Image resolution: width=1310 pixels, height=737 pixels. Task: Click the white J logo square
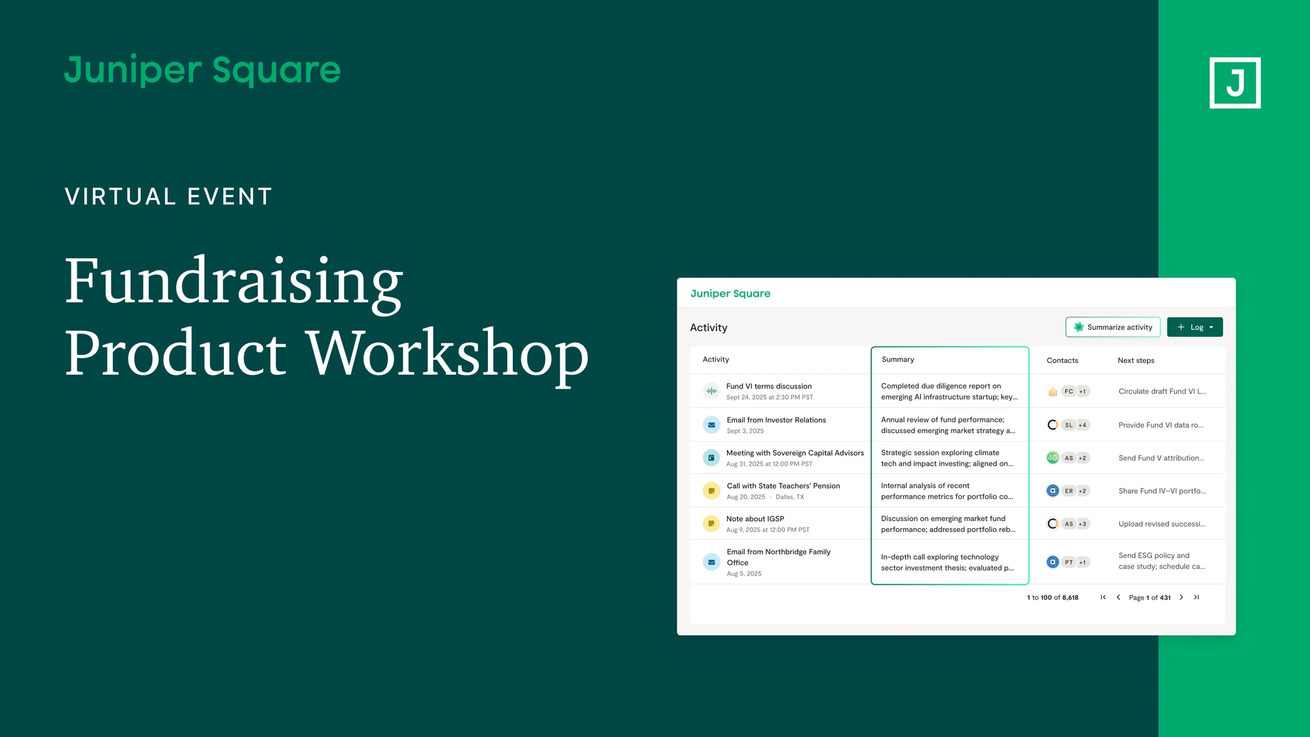coord(1235,83)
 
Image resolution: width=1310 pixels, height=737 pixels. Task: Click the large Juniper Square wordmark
coord(202,70)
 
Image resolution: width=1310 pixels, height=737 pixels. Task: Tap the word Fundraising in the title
coord(234,283)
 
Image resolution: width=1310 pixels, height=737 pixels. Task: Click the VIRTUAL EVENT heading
coord(168,197)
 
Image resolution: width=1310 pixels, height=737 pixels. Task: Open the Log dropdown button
coord(1195,327)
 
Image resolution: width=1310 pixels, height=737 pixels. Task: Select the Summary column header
coord(897,359)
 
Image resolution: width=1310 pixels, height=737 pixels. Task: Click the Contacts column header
coord(1062,360)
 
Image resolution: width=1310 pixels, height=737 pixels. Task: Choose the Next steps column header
coord(1136,360)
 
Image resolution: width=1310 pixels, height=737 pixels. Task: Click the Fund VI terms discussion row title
coord(768,386)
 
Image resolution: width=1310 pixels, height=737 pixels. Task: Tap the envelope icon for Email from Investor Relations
coord(711,425)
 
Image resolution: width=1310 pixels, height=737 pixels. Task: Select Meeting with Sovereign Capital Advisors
coord(795,453)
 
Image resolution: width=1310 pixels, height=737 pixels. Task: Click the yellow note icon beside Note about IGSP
coord(711,523)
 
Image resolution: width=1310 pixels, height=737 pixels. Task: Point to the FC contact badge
coord(1069,391)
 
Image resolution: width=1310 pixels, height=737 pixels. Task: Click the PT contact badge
coord(1069,562)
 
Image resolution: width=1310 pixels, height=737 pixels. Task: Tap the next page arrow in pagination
coord(1181,597)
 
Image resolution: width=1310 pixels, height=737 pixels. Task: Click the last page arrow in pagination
coord(1197,597)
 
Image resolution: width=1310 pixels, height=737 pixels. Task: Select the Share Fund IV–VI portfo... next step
coord(1162,491)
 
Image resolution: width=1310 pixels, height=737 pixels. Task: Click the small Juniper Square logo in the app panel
coord(730,293)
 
